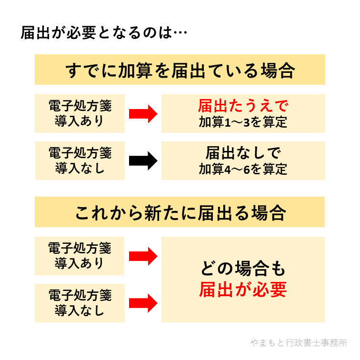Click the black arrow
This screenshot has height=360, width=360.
(143, 160)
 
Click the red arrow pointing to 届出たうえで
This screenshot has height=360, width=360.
(143, 113)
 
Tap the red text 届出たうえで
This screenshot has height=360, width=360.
(243, 106)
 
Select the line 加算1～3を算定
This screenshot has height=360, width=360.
(243, 122)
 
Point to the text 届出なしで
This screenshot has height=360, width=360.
(243, 153)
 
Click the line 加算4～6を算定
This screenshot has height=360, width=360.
(243, 169)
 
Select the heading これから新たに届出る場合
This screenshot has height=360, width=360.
(180, 212)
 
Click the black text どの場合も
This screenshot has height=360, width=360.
(243, 270)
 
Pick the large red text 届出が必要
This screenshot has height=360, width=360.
(243, 290)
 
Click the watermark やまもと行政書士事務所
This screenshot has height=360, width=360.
(299, 343)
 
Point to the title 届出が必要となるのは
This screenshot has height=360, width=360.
(95, 34)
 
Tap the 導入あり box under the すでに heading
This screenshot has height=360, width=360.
(80, 113)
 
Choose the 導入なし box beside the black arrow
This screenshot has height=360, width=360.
(80, 160)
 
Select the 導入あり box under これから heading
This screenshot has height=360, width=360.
(80, 256)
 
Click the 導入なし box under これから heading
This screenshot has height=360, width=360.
(80, 303)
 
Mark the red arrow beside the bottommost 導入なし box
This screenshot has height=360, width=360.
(143, 303)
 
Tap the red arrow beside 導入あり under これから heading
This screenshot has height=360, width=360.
(143, 256)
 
